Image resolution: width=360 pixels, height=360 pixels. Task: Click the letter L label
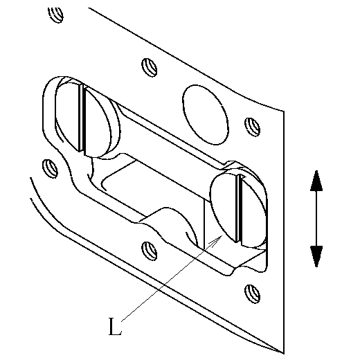click(115, 326)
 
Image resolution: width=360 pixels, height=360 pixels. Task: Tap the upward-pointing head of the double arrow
click(316, 181)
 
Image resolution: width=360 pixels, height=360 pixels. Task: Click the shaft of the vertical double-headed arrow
click(316, 219)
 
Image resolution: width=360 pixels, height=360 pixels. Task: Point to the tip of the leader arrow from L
click(222, 235)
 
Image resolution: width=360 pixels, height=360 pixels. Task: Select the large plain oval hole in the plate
click(206, 115)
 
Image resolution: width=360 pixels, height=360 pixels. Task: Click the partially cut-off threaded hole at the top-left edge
click(56, 15)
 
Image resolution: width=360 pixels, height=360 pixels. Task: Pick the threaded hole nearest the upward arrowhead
click(252, 127)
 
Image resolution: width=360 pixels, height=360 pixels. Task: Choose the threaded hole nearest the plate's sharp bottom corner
click(252, 294)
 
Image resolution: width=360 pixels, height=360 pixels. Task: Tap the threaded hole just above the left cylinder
click(150, 67)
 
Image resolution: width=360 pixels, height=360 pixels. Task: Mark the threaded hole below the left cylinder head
click(50, 168)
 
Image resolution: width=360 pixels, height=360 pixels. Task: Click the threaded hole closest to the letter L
click(150, 251)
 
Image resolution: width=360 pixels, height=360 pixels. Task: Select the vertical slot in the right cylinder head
click(238, 209)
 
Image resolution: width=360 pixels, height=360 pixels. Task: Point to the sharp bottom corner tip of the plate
click(283, 353)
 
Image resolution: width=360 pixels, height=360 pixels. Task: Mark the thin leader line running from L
click(171, 278)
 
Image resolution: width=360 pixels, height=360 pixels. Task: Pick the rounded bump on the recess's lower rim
click(166, 222)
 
